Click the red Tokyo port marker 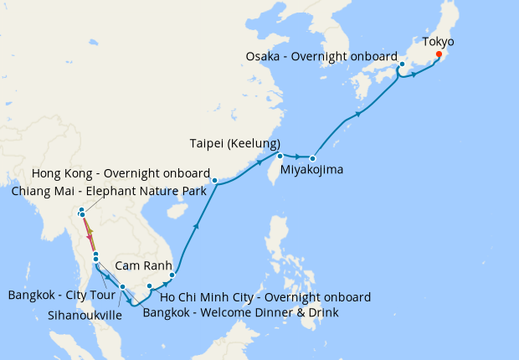(x=439, y=55)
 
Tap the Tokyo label (x=439, y=40)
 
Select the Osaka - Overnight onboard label (x=321, y=56)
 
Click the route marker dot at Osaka (x=402, y=64)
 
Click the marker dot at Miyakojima (x=312, y=158)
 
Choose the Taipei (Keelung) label (x=234, y=142)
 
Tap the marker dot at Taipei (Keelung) (x=280, y=157)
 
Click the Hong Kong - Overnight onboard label (x=121, y=173)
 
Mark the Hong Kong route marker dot (x=214, y=181)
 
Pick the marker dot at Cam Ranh (x=172, y=275)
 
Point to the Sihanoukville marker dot (x=122, y=287)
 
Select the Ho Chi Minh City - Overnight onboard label (x=265, y=297)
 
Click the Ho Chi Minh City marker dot (x=150, y=287)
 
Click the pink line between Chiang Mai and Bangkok (x=89, y=234)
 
